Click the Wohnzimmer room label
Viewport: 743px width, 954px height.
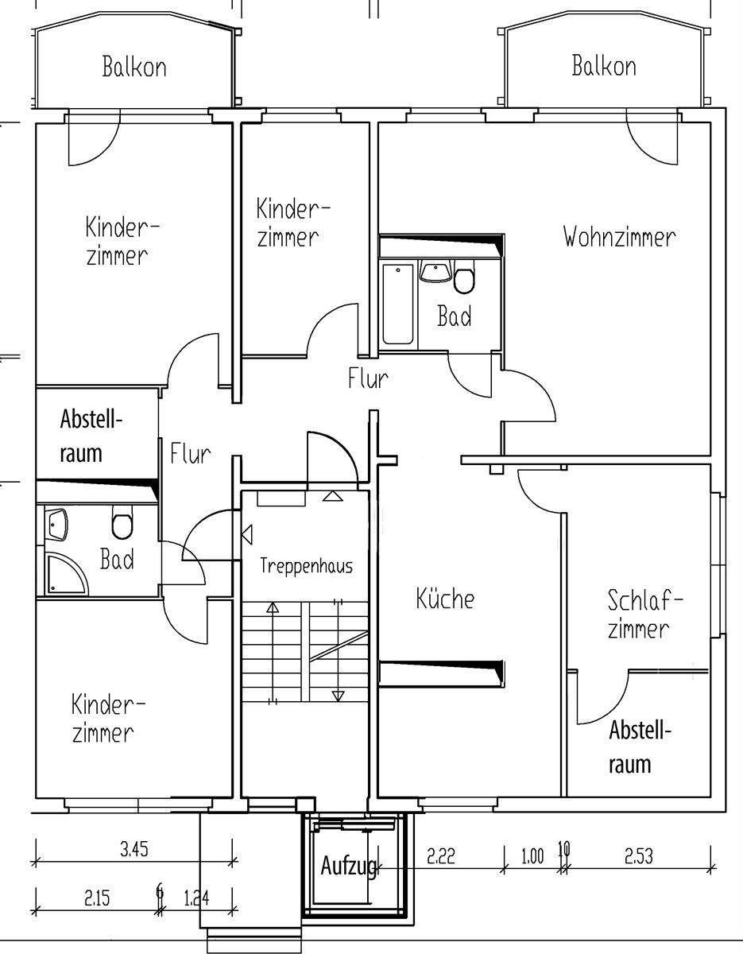click(x=619, y=237)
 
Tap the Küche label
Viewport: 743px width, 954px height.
click(x=445, y=599)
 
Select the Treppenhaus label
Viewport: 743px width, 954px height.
click(x=306, y=566)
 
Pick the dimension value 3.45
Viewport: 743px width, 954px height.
click(x=134, y=850)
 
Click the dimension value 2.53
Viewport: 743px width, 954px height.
click(x=639, y=856)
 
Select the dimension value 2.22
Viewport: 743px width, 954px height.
click(x=441, y=856)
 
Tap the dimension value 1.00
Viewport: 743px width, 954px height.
click(x=532, y=856)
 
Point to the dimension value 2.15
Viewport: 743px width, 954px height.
click(x=97, y=898)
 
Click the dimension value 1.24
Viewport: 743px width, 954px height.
click(x=196, y=898)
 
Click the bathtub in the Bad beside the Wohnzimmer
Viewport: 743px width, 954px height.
click(x=397, y=304)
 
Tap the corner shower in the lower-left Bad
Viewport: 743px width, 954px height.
click(x=66, y=575)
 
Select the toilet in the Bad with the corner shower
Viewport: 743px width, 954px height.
click(x=122, y=522)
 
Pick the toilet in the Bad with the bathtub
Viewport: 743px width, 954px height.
click(x=464, y=276)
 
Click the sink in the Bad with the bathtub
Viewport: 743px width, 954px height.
click(x=435, y=270)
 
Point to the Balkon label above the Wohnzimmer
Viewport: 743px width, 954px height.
click(x=604, y=66)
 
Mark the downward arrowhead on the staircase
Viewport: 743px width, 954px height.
click(x=338, y=696)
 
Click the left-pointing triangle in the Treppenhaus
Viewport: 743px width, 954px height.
click(x=247, y=535)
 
